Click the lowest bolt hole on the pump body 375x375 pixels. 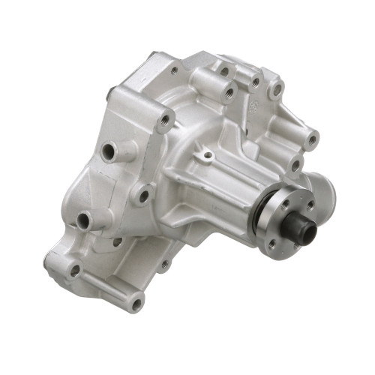pyautogui.click(x=136, y=304)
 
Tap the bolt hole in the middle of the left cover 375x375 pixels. pyautogui.click(x=142, y=196)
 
